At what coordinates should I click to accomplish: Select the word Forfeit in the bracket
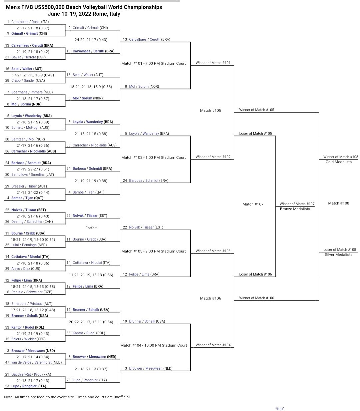(91, 228)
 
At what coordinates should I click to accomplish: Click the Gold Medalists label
(338, 162)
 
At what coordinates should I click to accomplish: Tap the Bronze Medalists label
(295, 209)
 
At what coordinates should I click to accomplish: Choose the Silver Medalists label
(338, 255)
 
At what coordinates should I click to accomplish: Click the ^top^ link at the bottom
(280, 409)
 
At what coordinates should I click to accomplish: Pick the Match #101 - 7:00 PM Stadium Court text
(153, 63)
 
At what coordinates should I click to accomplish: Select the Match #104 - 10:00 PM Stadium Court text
(153, 345)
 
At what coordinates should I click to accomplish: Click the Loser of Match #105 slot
(255, 133)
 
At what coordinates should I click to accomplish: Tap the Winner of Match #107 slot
(297, 204)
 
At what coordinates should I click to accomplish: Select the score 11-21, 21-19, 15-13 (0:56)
(91, 275)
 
